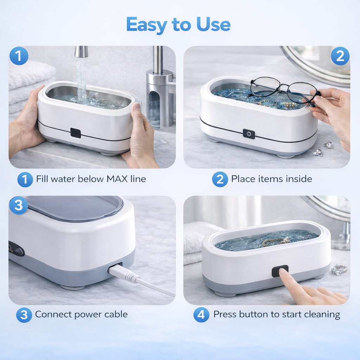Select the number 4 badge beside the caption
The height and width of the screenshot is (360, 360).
point(201,314)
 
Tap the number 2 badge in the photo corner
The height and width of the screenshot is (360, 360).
point(340,56)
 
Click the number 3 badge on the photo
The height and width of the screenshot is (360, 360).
point(18,205)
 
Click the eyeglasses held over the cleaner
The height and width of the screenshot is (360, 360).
point(281,89)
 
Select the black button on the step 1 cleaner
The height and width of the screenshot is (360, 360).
point(76,133)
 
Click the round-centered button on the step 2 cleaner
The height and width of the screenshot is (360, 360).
point(249,134)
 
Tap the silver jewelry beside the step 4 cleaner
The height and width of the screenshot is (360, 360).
point(339,270)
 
